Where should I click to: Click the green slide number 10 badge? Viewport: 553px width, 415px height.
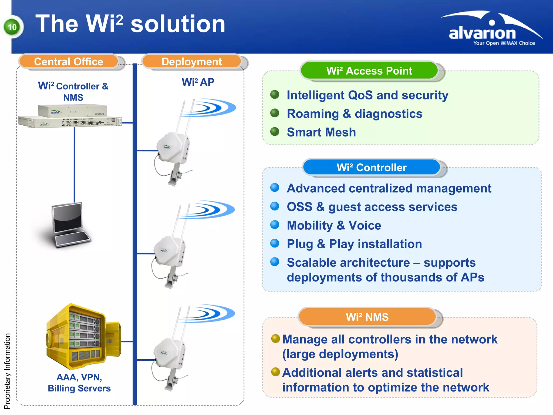click(x=12, y=27)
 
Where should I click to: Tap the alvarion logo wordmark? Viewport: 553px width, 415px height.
click(x=482, y=33)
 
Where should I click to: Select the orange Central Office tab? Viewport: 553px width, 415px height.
click(x=69, y=62)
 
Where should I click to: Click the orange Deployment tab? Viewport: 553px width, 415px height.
click(x=191, y=62)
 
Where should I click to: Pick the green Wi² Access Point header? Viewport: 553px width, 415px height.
click(x=369, y=71)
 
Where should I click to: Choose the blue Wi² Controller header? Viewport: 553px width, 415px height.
click(x=372, y=168)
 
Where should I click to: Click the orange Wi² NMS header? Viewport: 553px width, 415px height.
click(x=367, y=317)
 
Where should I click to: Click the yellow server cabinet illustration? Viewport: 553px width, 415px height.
click(x=82, y=337)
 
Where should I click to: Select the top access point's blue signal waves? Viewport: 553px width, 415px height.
click(x=213, y=108)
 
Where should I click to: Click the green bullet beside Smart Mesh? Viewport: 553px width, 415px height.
click(x=275, y=132)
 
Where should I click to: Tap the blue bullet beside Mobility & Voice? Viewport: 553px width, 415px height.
click(x=275, y=225)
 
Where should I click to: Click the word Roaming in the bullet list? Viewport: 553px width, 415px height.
click(x=312, y=114)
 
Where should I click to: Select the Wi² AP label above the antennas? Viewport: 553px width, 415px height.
click(x=198, y=82)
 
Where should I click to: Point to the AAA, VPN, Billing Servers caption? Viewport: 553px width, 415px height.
click(x=79, y=383)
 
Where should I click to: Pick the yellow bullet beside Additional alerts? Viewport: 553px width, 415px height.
click(x=275, y=372)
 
